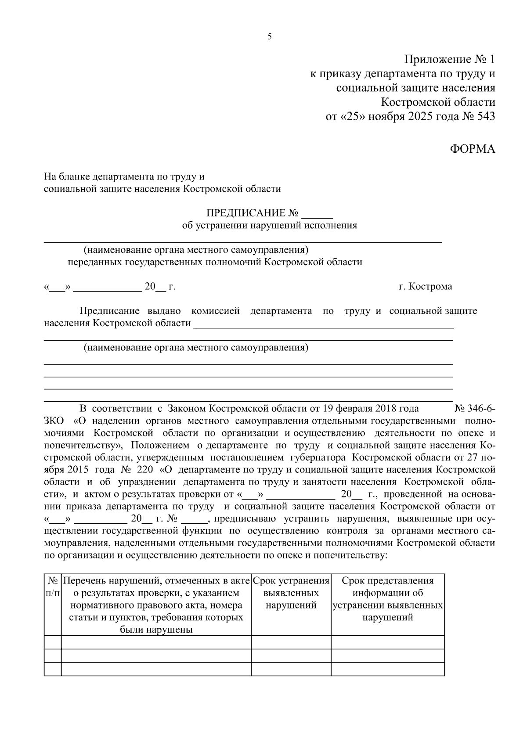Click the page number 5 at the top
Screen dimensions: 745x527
[270, 37]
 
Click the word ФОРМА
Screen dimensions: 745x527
[473, 149]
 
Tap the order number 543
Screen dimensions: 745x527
[484, 117]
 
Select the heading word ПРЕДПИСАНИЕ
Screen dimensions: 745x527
[246, 213]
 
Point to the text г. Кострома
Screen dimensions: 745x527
[425, 287]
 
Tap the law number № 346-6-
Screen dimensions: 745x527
[475, 408]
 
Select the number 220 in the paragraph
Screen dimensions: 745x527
[144, 469]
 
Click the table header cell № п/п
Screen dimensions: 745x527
[53, 587]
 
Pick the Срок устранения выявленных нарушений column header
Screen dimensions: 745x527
[291, 593]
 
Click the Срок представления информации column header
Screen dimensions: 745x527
[387, 599]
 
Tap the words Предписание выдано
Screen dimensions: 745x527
[130, 311]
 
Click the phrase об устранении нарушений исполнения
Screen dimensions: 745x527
[270, 226]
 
